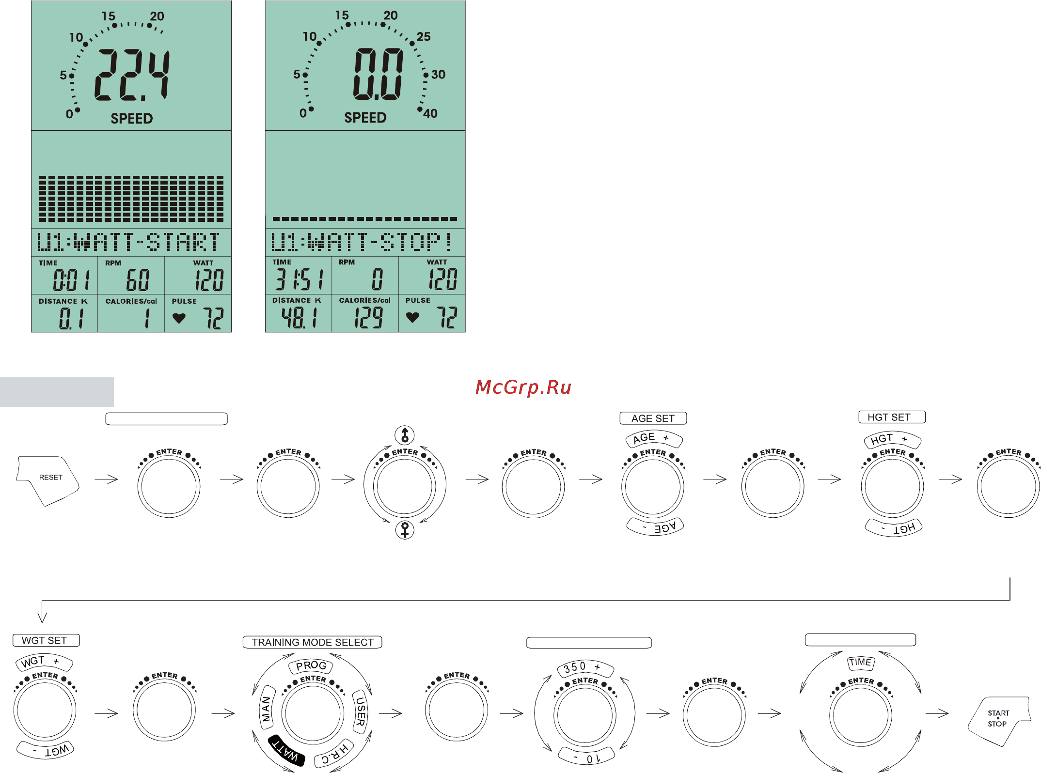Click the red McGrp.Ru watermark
[x=523, y=387]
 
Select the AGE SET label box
[x=653, y=418]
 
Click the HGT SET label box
[x=892, y=417]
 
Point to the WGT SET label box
[x=46, y=640]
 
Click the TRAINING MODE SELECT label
[x=313, y=642]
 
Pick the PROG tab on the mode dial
[x=311, y=666]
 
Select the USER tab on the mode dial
[x=360, y=711]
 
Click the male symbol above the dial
[x=405, y=435]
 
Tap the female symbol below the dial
[x=405, y=530]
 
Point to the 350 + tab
[x=585, y=668]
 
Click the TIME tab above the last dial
[x=861, y=662]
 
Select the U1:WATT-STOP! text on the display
[x=362, y=242]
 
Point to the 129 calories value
[x=368, y=318]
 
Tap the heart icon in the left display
[x=179, y=318]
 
